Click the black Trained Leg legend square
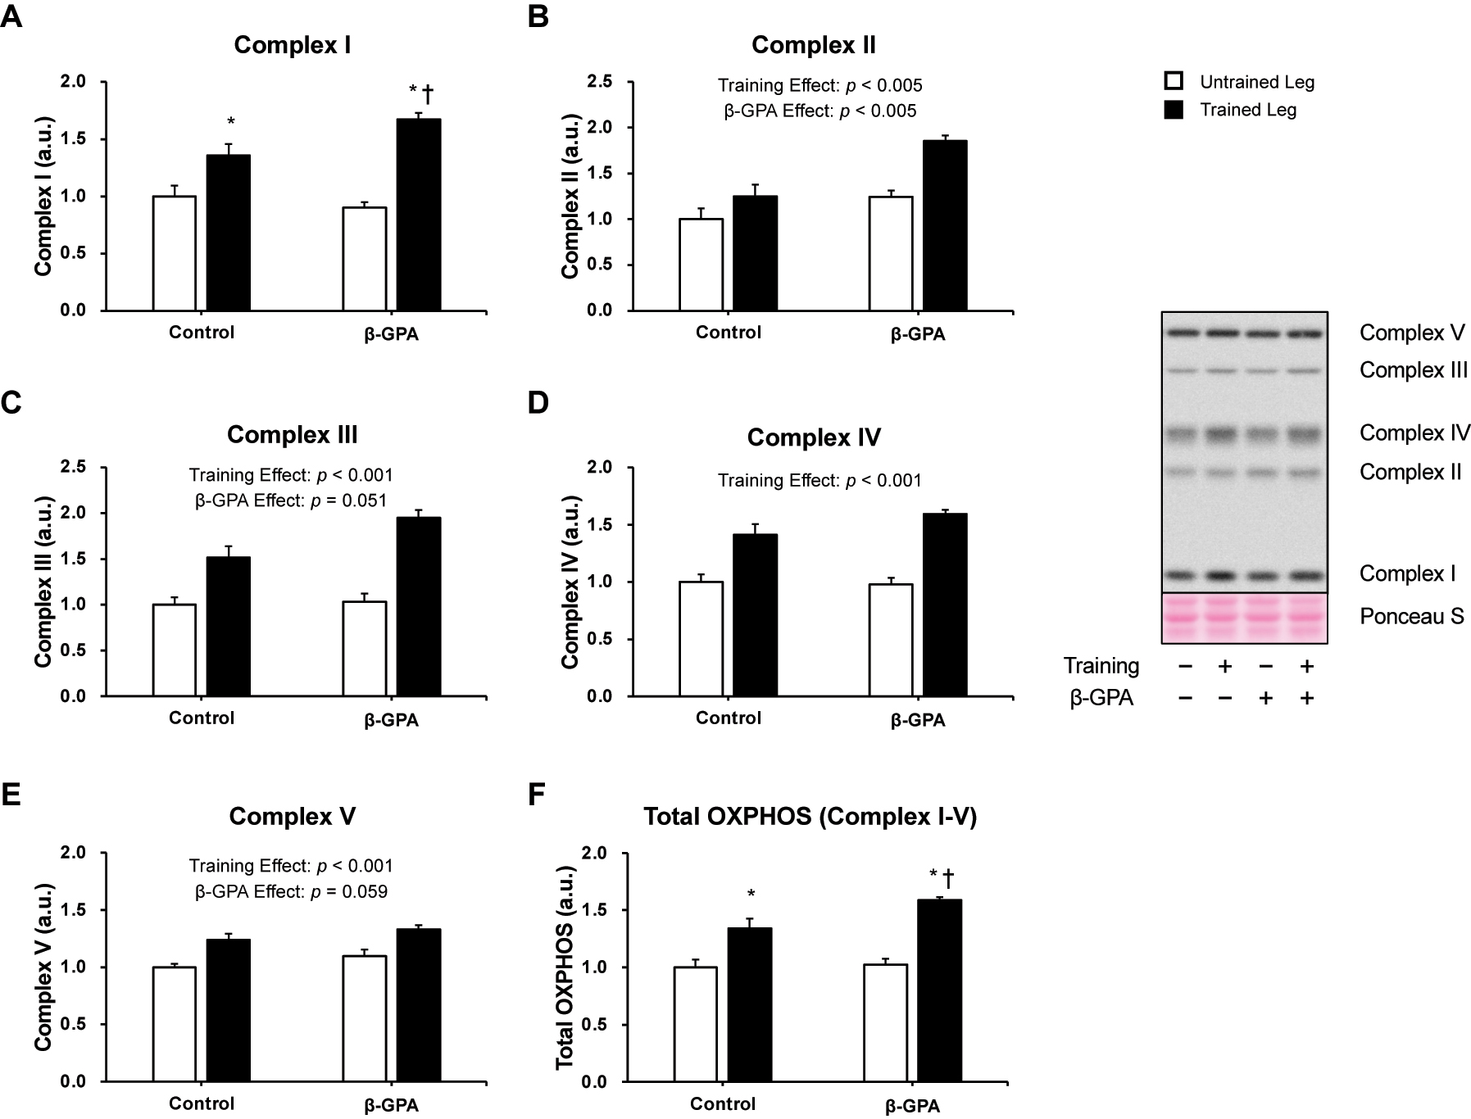pyautogui.click(x=1174, y=110)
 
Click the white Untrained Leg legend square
pyautogui.click(x=1174, y=82)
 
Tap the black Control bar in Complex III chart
pyautogui.click(x=228, y=627)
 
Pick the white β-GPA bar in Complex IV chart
pyautogui.click(x=891, y=640)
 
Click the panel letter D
pyautogui.click(x=538, y=403)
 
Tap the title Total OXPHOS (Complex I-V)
pyautogui.click(x=810, y=817)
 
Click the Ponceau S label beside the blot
pyautogui.click(x=1411, y=617)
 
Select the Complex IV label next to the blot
pyautogui.click(x=1414, y=433)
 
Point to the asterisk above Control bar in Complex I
pyautogui.click(x=231, y=123)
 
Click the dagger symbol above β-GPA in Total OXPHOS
pyautogui.click(x=948, y=878)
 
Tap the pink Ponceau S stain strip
pyautogui.click(x=1244, y=618)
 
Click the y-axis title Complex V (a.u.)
pyautogui.click(x=43, y=967)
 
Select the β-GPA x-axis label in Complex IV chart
pyautogui.click(x=918, y=720)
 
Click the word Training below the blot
pyautogui.click(x=1101, y=666)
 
